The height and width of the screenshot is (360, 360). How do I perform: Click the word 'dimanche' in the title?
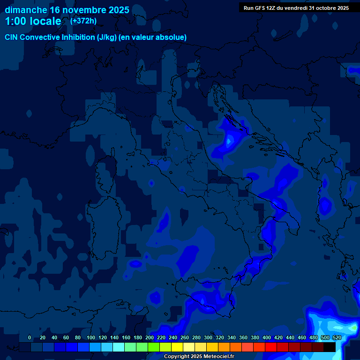25,10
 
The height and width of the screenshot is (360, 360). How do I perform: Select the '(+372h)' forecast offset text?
83,21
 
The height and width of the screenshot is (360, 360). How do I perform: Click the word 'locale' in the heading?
44,21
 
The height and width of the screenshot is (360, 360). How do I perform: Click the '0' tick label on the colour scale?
30,337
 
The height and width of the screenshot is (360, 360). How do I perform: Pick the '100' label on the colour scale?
77,337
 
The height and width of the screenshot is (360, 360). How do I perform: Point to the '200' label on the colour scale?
150,337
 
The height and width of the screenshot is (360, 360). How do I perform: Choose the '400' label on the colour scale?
267,337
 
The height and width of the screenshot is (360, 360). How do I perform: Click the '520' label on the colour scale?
337,337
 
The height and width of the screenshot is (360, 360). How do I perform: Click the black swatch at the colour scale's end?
330,347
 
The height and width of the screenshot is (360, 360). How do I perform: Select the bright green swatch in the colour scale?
154,347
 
